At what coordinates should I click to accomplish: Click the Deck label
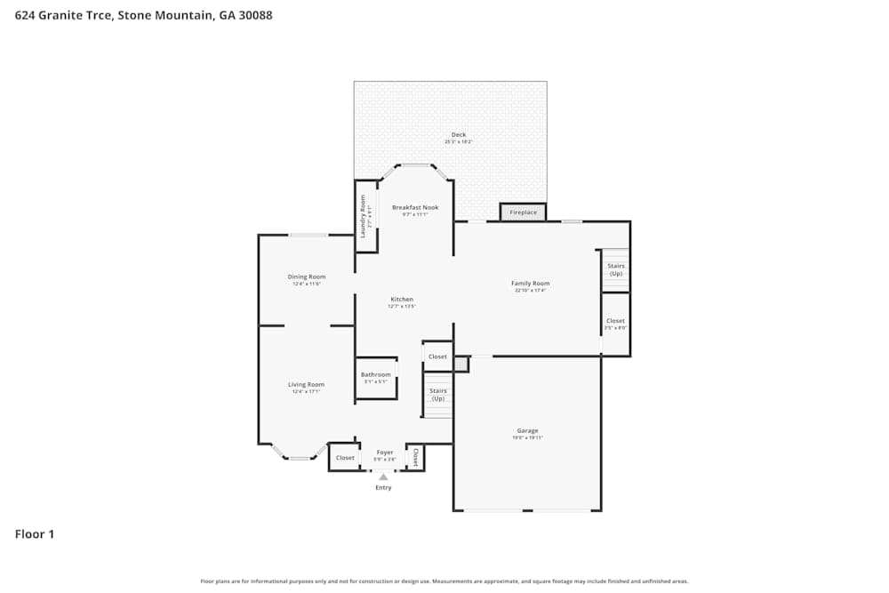[x=459, y=135]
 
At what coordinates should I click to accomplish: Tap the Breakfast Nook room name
[x=415, y=208]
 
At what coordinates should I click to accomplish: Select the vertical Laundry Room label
[x=363, y=216]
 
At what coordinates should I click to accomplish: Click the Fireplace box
[x=523, y=212]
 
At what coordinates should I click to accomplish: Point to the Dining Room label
[x=307, y=276]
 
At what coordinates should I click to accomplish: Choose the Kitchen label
[x=402, y=300]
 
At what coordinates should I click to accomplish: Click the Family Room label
[x=530, y=284]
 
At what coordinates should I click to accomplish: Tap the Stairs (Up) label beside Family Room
[x=615, y=269]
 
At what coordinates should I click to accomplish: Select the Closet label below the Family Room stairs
[x=615, y=321]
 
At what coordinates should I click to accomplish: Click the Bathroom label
[x=376, y=375]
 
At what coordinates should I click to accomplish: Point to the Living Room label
[x=306, y=385]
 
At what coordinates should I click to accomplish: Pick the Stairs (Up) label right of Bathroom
[x=437, y=395]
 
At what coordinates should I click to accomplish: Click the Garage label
[x=527, y=431]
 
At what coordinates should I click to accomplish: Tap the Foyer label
[x=384, y=453]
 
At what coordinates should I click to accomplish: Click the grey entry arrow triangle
[x=383, y=477]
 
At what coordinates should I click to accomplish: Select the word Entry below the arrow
[x=383, y=487]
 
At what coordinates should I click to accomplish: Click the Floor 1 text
[x=35, y=534]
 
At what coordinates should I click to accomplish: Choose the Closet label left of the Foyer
[x=345, y=458]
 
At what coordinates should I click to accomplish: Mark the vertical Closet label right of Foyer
[x=415, y=457]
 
